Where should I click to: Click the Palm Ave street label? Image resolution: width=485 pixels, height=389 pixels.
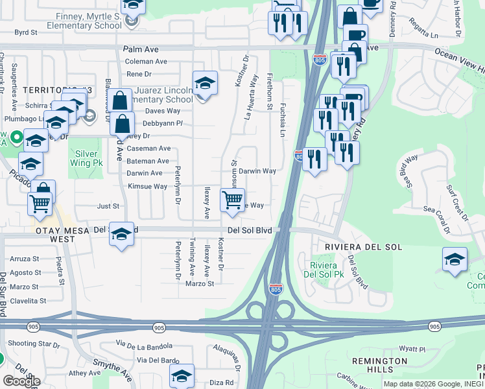[141, 49]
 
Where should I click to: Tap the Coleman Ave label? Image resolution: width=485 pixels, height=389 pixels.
[146, 62]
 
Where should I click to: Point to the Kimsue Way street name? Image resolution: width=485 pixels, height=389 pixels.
[147, 186]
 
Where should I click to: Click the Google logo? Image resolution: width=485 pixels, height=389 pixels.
[21, 381]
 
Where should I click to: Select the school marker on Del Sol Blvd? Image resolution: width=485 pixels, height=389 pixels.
[121, 234]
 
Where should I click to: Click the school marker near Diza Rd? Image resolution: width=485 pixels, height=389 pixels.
[182, 375]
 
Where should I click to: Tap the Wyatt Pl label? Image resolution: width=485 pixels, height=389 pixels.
[408, 349]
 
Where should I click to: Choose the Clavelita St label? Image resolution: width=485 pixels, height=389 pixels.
[27, 301]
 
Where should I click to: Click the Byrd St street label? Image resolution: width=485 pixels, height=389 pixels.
[26, 31]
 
